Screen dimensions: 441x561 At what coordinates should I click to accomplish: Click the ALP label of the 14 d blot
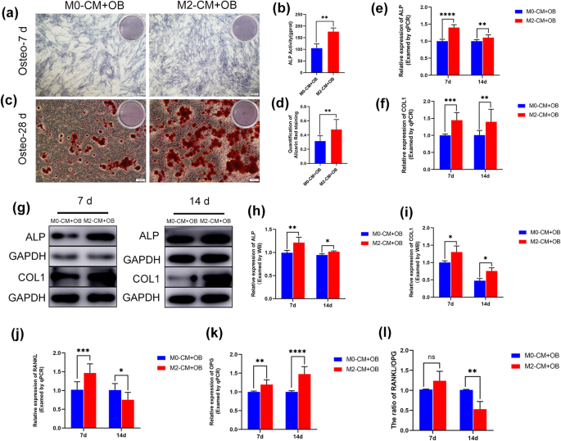[150, 235]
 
